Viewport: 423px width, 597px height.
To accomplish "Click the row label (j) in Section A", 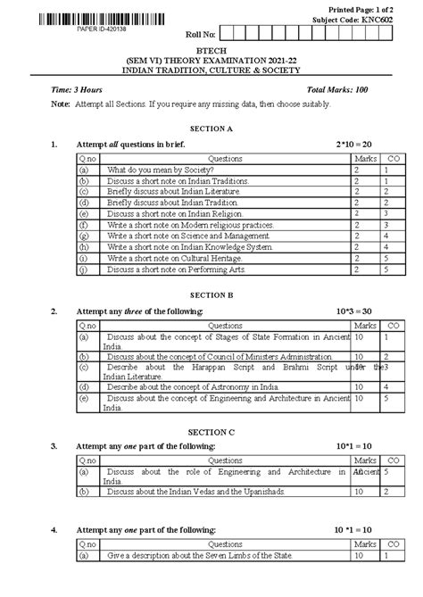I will point(83,269).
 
